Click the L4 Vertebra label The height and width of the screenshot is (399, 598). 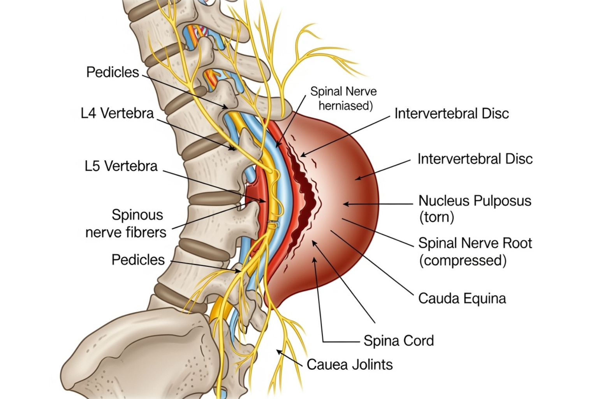(117, 113)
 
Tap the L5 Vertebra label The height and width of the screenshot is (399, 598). (121, 166)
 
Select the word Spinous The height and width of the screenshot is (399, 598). (137, 215)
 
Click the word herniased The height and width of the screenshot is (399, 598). (345, 106)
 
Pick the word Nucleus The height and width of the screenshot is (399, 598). (444, 201)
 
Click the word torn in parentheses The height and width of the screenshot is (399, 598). (436, 217)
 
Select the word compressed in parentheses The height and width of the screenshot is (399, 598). (463, 260)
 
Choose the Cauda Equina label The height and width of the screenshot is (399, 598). (462, 298)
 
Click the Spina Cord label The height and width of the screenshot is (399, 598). (398, 341)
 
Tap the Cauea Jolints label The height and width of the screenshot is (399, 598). (349, 365)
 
